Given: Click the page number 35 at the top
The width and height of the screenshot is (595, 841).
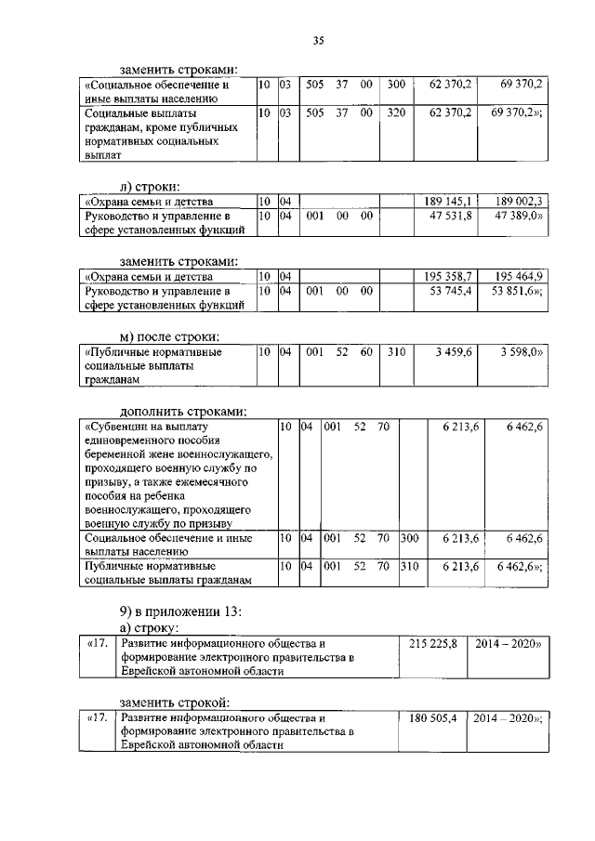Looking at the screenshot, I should point(317,39).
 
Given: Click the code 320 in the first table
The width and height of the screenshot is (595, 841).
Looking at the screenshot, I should point(396,112).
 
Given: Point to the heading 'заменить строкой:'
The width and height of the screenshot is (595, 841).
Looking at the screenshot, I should point(175,702).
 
